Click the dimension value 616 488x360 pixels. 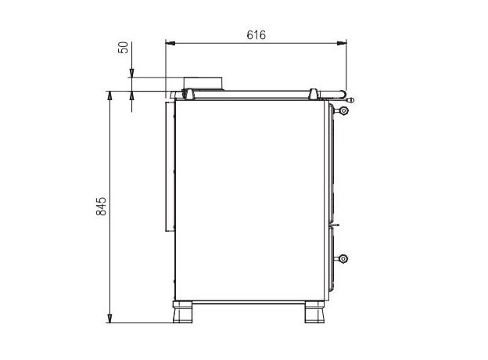257,35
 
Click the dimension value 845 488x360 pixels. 101,206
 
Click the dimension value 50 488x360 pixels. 124,47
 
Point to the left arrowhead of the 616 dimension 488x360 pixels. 170,43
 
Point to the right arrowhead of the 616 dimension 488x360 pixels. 342,43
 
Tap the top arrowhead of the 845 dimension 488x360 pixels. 109,95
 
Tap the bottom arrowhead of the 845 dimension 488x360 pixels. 109,319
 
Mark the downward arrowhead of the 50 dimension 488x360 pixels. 131,74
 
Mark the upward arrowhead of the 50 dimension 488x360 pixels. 131,95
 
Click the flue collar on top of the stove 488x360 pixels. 203,84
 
